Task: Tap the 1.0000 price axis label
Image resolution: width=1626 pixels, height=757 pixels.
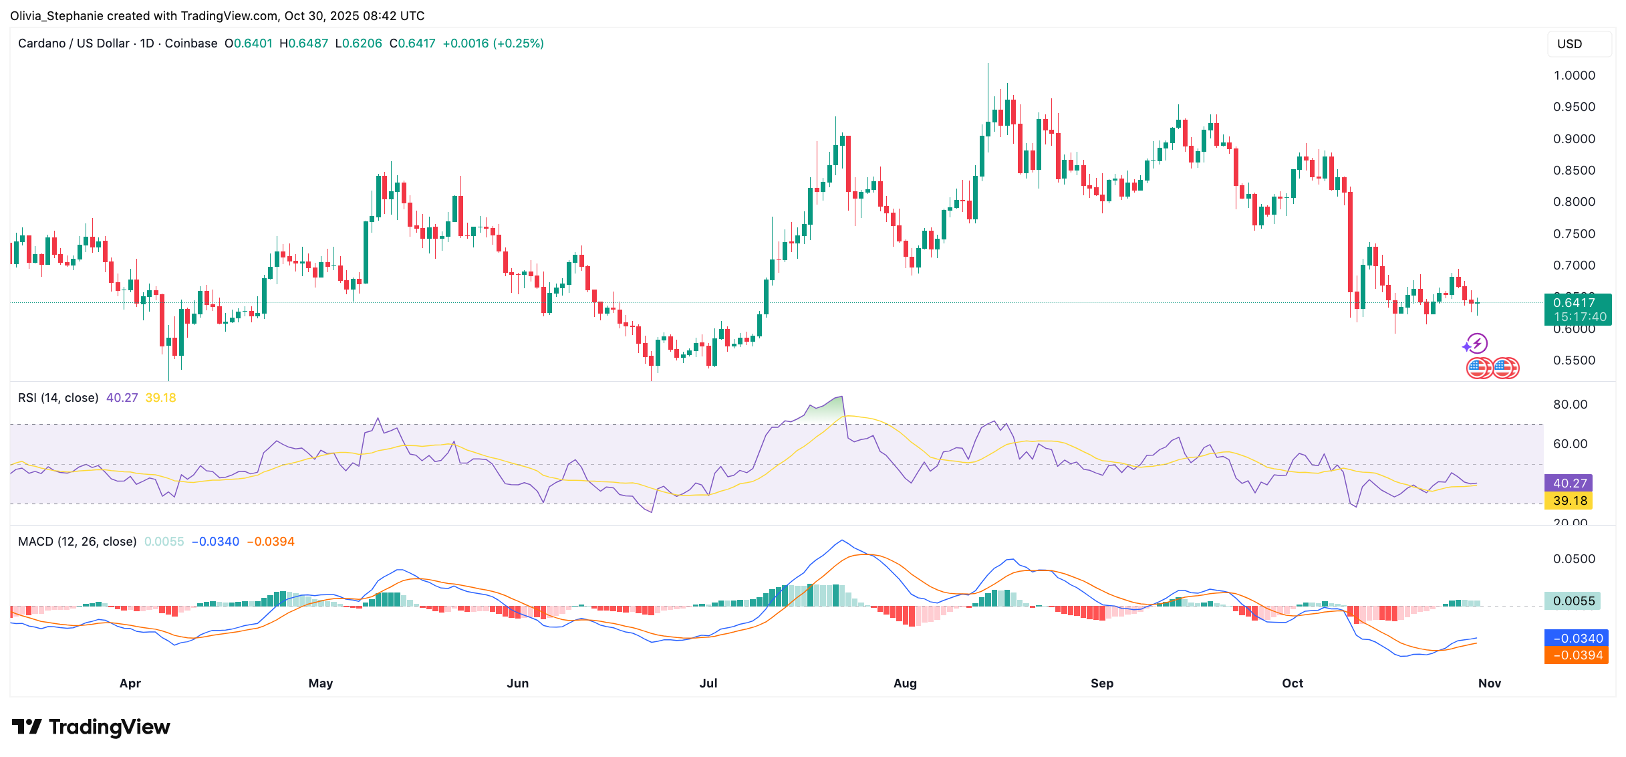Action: [1574, 76]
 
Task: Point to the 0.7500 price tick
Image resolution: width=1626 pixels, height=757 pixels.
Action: [1574, 234]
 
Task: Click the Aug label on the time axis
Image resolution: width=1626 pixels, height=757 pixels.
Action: [905, 683]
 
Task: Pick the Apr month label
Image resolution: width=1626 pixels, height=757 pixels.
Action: [130, 683]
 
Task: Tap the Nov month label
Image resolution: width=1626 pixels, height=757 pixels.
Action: [1489, 683]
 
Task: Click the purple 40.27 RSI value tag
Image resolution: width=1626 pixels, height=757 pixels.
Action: [1569, 483]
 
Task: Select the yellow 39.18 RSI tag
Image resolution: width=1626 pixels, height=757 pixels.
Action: [1569, 501]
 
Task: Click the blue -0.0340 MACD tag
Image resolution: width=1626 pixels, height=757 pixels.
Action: [1577, 639]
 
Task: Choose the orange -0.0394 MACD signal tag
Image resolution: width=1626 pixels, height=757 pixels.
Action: [1577, 655]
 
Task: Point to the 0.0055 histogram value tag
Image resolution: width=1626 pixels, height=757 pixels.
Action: [1573, 601]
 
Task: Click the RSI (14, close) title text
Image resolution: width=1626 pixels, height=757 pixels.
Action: [58, 398]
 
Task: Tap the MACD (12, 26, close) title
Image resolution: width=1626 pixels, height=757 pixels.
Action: [77, 542]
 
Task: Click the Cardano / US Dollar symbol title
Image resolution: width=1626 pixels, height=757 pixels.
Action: [74, 43]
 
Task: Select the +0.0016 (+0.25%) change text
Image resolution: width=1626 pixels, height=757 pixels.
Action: [493, 43]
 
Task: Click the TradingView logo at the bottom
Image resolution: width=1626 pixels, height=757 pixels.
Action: [92, 727]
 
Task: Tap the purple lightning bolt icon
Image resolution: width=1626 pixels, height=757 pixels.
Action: [1476, 344]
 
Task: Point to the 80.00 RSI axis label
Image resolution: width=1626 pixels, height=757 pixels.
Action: [1570, 405]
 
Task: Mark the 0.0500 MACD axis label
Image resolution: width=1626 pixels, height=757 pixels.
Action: [1574, 559]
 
